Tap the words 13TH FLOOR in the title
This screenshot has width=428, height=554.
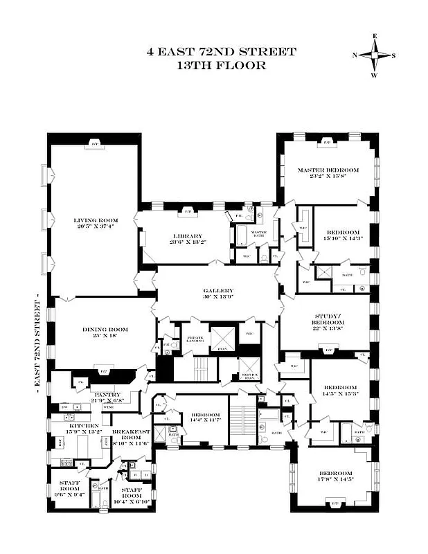221,66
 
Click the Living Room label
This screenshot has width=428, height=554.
93,221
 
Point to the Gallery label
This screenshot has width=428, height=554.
218,291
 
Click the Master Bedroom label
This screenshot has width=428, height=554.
328,170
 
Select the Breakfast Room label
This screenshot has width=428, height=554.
131,435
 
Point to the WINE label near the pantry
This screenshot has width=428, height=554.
109,407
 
